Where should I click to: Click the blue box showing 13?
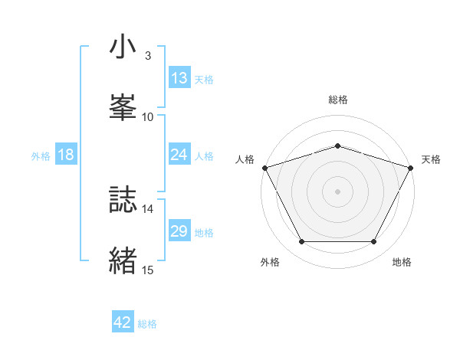[x=179, y=77]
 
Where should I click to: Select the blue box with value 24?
[x=179, y=155]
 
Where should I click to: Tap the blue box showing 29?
[x=179, y=231]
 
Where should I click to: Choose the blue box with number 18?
[x=66, y=155]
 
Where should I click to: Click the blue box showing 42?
[x=123, y=322]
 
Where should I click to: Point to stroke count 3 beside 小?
[x=147, y=56]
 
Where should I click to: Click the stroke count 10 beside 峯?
[x=147, y=116]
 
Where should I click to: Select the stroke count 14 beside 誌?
[x=147, y=208]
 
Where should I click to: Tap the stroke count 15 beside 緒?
[x=147, y=270]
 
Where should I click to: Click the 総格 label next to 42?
[x=147, y=324]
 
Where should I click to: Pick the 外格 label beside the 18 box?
[x=41, y=156]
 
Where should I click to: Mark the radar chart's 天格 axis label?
[x=431, y=159]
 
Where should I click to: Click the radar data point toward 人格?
[x=264, y=168]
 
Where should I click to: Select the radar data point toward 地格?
[x=374, y=242]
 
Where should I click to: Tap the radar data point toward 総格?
[x=337, y=146]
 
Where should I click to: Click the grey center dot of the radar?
[x=337, y=191]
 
